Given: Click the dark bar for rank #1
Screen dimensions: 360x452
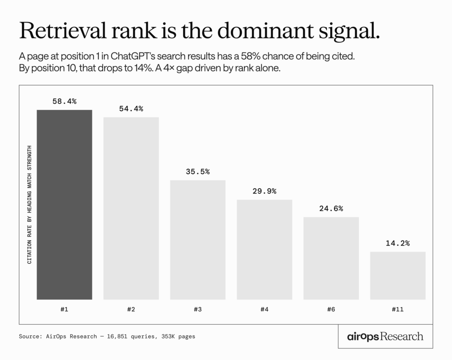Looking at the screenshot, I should [x=64, y=204].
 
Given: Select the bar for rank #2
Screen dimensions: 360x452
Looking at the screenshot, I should [x=131, y=208].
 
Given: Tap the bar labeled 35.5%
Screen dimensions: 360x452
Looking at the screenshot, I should [x=198, y=240].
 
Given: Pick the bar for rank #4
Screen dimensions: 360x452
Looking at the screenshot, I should [x=264, y=249].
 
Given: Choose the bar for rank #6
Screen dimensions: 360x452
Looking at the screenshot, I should [x=331, y=258].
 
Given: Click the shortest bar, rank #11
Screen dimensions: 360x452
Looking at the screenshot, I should [x=398, y=275].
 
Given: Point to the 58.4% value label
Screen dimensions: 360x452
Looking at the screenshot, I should [x=64, y=101].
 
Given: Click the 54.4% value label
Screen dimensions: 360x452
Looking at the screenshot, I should [x=131, y=109].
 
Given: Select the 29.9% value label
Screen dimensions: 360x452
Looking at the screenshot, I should [x=264, y=191].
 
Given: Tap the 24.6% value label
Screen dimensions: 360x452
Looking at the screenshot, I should [x=331, y=208].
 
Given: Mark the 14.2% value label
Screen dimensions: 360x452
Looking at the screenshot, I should [x=398, y=243].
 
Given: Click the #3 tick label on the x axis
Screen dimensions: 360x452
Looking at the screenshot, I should [x=198, y=310].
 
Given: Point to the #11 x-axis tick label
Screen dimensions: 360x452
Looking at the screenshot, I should [x=398, y=310].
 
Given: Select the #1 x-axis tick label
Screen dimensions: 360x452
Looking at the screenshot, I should [x=64, y=310].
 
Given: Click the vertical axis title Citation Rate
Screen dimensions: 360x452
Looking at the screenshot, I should [x=30, y=204].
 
